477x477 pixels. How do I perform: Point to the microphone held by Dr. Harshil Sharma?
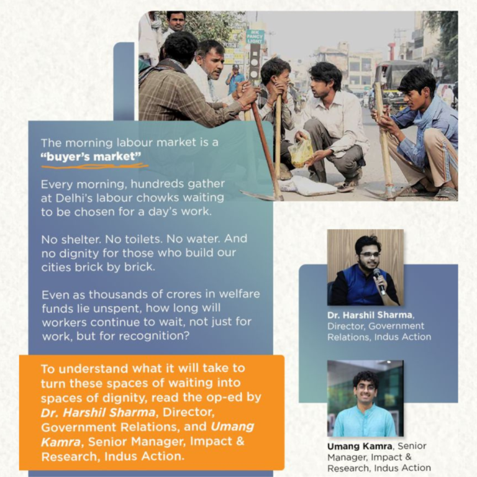379,281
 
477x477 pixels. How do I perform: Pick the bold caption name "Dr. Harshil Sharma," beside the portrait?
371,315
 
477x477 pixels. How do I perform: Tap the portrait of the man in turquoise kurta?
365,398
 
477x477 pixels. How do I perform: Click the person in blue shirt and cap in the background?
235,79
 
